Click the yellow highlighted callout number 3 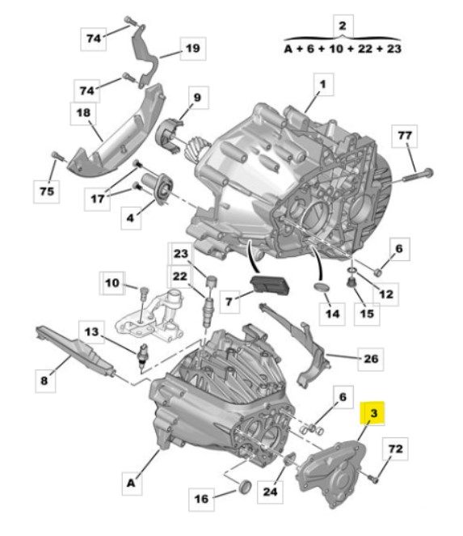pos(373,413)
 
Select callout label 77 pos(405,136)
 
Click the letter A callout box pos(131,483)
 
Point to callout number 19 pos(193,49)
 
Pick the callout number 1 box pos(323,84)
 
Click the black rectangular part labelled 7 pos(270,285)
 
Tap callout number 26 pos(370,359)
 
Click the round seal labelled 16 pos(245,487)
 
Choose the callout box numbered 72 pos(395,449)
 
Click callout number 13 pos(91,332)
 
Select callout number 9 pos(197,98)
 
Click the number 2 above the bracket pos(343,26)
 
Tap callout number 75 pos(47,192)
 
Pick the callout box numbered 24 pos(270,492)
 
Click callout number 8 pos(44,381)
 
